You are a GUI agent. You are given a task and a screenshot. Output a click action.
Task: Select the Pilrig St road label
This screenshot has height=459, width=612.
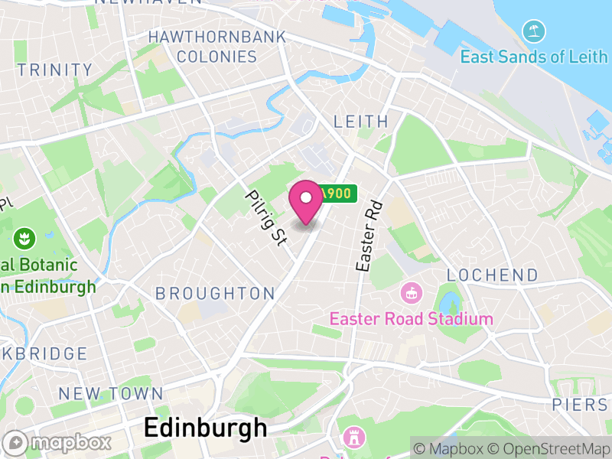265,217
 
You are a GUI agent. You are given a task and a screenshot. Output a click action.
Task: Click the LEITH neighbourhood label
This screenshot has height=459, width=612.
361,122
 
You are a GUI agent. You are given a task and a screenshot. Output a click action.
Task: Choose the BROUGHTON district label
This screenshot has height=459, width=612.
215,293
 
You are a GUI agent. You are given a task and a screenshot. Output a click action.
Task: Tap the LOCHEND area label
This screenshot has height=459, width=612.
492,275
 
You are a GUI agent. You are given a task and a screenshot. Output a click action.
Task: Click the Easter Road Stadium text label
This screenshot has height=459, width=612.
411,318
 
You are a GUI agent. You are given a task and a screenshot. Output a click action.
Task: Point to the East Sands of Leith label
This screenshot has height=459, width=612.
534,57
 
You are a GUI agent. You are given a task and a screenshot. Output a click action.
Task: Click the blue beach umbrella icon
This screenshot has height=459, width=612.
533,32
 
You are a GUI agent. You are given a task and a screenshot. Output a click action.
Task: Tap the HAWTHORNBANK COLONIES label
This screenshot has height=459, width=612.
216,47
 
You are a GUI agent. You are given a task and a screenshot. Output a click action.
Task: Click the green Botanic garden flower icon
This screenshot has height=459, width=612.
24,237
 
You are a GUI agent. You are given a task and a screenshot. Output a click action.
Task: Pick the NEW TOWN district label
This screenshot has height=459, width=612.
111,394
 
